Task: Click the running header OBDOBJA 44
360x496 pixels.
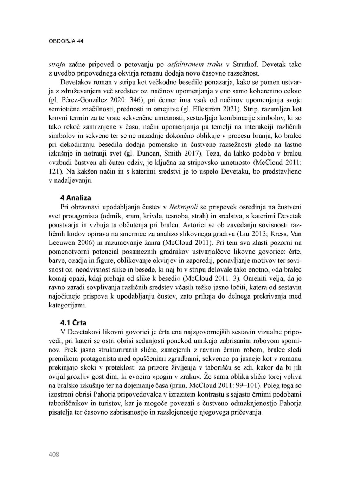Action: [x=66, y=41]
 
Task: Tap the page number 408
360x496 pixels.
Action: [x=54, y=455]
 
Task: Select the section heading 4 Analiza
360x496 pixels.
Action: [x=76, y=198]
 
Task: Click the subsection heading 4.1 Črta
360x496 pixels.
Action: [x=73, y=322]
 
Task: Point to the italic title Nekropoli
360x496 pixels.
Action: [x=184, y=207]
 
